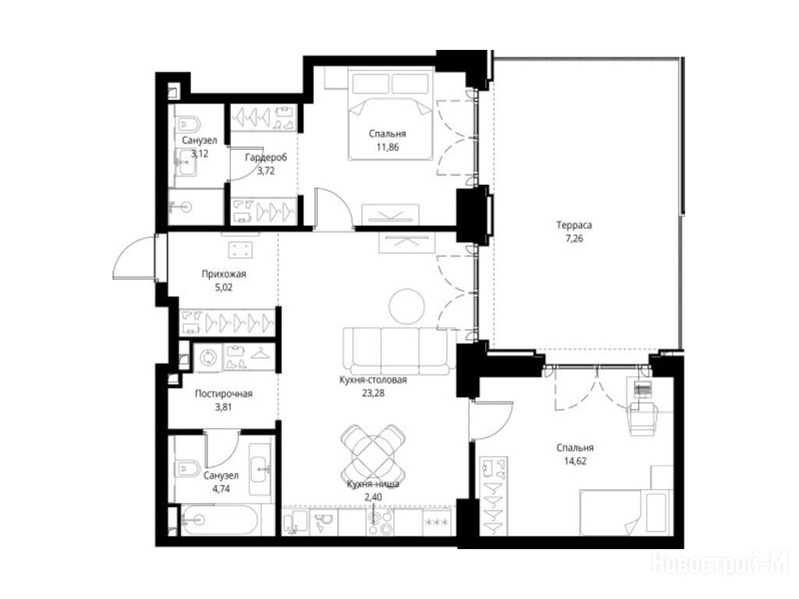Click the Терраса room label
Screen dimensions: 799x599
tap(574, 225)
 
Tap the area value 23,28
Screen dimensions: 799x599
tap(373, 393)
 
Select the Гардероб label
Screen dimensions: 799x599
tap(265, 158)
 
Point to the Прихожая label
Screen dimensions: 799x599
tap(224, 274)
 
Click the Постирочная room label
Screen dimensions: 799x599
tap(224, 394)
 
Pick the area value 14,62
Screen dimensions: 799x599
tap(575, 462)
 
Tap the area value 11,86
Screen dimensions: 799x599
tap(387, 147)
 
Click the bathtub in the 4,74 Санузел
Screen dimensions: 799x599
tap(221, 519)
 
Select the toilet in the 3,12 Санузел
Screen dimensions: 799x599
tap(188, 123)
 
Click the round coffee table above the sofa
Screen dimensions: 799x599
tap(407, 306)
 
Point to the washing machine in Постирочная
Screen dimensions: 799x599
tap(208, 356)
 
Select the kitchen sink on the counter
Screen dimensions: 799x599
tap(322, 522)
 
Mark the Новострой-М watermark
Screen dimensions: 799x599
tap(719, 564)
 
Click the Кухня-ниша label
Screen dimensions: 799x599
tap(373, 484)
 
